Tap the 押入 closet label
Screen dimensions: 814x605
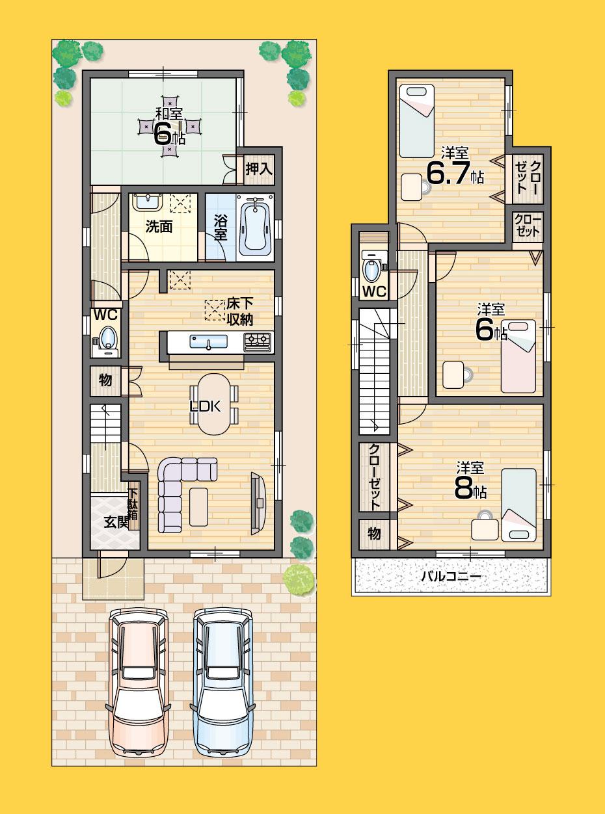[258, 169]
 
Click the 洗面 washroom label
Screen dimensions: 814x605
[159, 228]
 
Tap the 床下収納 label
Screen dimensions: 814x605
[239, 311]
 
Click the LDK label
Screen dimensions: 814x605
[206, 406]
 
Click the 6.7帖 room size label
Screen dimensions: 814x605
[454, 172]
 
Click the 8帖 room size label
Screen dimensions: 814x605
[470, 489]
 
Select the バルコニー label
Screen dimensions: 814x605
[450, 577]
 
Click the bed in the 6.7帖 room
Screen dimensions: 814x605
[416, 121]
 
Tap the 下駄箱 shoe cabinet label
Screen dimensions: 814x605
[133, 506]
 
